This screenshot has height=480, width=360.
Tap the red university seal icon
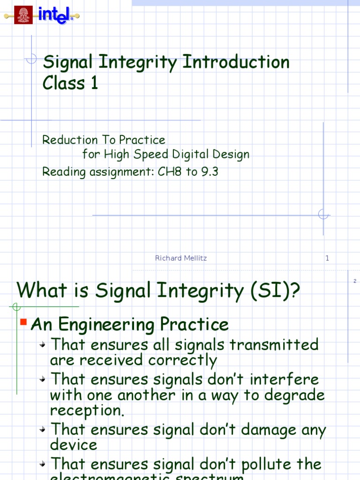(23, 15)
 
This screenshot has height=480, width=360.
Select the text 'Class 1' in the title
(70, 83)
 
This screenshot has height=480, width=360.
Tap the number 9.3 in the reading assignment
(210, 172)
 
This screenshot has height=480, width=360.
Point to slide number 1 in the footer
(327, 258)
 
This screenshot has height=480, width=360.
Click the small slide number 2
(355, 281)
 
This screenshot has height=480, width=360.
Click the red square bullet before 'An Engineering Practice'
(23, 322)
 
